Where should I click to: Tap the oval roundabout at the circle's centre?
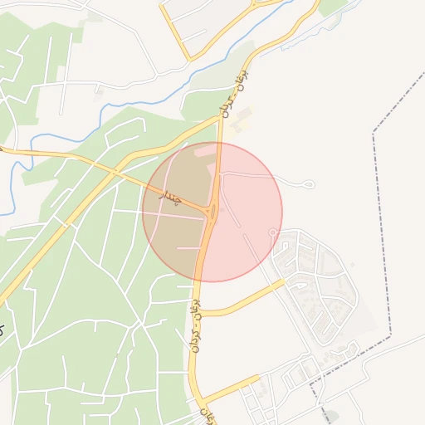tap(212, 212)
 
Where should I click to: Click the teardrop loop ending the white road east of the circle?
tap(310, 183)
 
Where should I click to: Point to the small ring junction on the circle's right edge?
tap(272, 232)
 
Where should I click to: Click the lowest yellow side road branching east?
tap(228, 387)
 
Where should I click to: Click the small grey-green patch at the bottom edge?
tap(331, 415)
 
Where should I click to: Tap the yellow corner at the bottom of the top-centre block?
tap(189, 58)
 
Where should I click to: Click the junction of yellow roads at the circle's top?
tap(219, 143)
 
